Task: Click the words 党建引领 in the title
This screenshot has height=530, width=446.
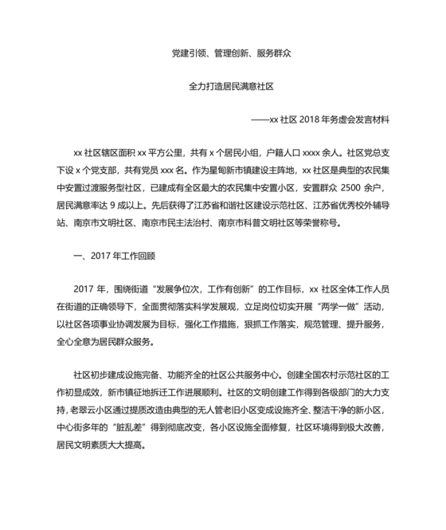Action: click(187, 54)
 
